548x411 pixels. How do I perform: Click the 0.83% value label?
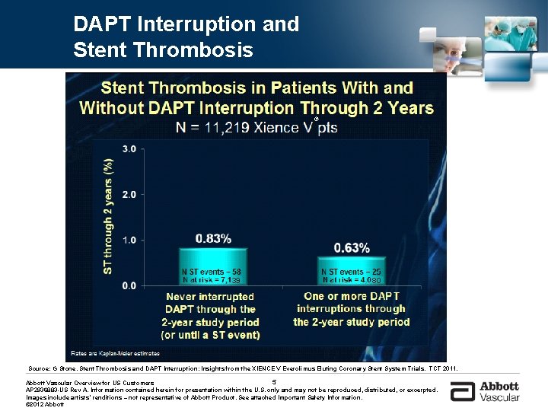pyautogui.click(x=213, y=238)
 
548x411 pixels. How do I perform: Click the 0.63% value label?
pyautogui.click(x=352, y=247)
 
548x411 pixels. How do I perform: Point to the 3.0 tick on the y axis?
pyautogui.click(x=129, y=148)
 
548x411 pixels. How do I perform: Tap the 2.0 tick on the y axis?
pyautogui.click(x=129, y=194)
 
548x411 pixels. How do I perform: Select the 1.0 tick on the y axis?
pyautogui.click(x=129, y=240)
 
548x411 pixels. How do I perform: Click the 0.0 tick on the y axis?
pyautogui.click(x=129, y=285)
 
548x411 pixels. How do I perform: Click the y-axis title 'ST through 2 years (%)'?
pyautogui.click(x=108, y=217)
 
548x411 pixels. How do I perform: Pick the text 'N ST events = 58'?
pyautogui.click(x=212, y=272)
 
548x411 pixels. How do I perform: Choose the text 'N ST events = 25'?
pyautogui.click(x=352, y=272)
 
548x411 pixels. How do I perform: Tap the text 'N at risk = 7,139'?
pyautogui.click(x=212, y=280)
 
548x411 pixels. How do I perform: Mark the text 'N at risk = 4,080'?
pyautogui.click(x=352, y=280)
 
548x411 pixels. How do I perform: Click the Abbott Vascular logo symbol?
pyautogui.click(x=461, y=392)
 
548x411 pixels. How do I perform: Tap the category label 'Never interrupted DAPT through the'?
pyautogui.click(x=210, y=303)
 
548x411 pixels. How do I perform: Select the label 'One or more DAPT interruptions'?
pyautogui.click(x=351, y=302)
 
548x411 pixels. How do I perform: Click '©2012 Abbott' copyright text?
pyautogui.click(x=45, y=404)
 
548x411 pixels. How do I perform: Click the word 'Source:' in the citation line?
pyautogui.click(x=39, y=368)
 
